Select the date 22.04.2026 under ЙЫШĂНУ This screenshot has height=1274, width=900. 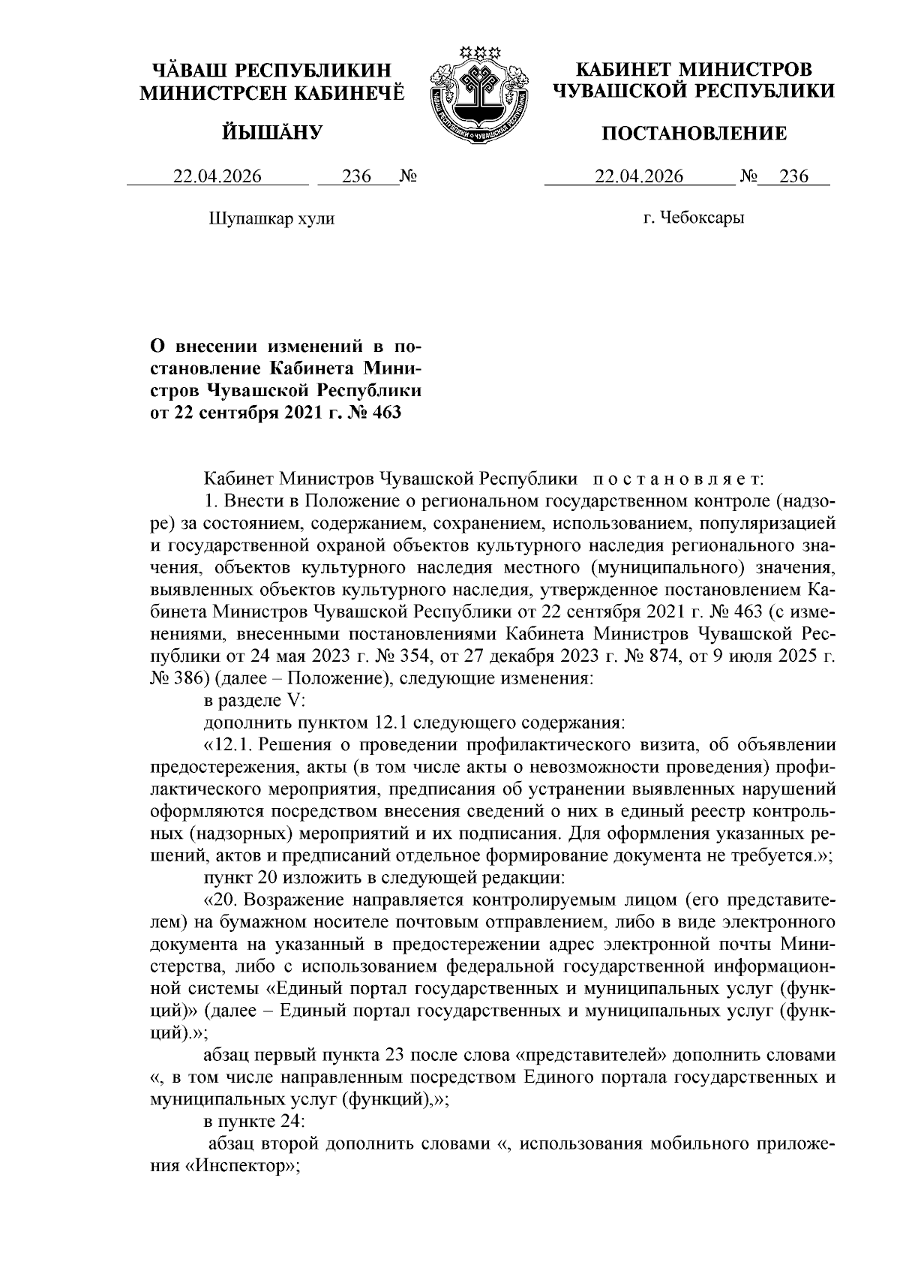[217, 176]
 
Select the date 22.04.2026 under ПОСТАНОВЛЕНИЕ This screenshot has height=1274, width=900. [639, 176]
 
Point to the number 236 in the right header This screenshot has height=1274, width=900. [793, 176]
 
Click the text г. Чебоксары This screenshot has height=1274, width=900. [694, 218]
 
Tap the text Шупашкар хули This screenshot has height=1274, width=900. [270, 218]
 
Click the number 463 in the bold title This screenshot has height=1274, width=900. [385, 412]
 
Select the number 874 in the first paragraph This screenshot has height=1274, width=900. [672, 658]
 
